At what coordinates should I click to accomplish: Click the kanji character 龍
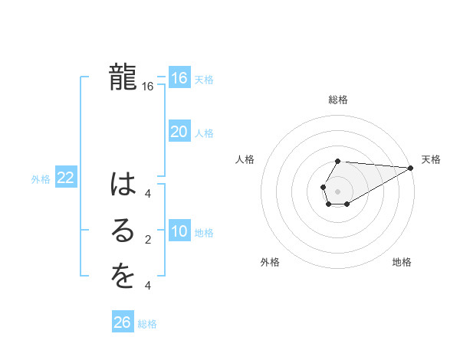(123, 77)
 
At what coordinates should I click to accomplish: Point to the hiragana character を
(123, 277)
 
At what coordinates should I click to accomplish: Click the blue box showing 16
(179, 78)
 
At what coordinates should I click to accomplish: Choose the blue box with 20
(179, 132)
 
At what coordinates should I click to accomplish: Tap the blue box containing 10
(179, 231)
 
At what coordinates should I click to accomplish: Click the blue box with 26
(123, 322)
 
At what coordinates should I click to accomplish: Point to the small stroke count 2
(148, 240)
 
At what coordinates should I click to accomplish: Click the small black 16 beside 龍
(148, 87)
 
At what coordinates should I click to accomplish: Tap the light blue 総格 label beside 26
(147, 324)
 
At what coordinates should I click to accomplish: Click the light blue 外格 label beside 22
(41, 179)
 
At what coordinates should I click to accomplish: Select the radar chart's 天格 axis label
(431, 159)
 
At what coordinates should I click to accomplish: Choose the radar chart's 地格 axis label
(402, 262)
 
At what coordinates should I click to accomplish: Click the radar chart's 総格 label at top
(338, 100)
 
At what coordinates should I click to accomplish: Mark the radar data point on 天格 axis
(411, 168)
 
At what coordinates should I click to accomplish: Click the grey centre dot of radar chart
(337, 190)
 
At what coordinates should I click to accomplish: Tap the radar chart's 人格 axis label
(245, 159)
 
